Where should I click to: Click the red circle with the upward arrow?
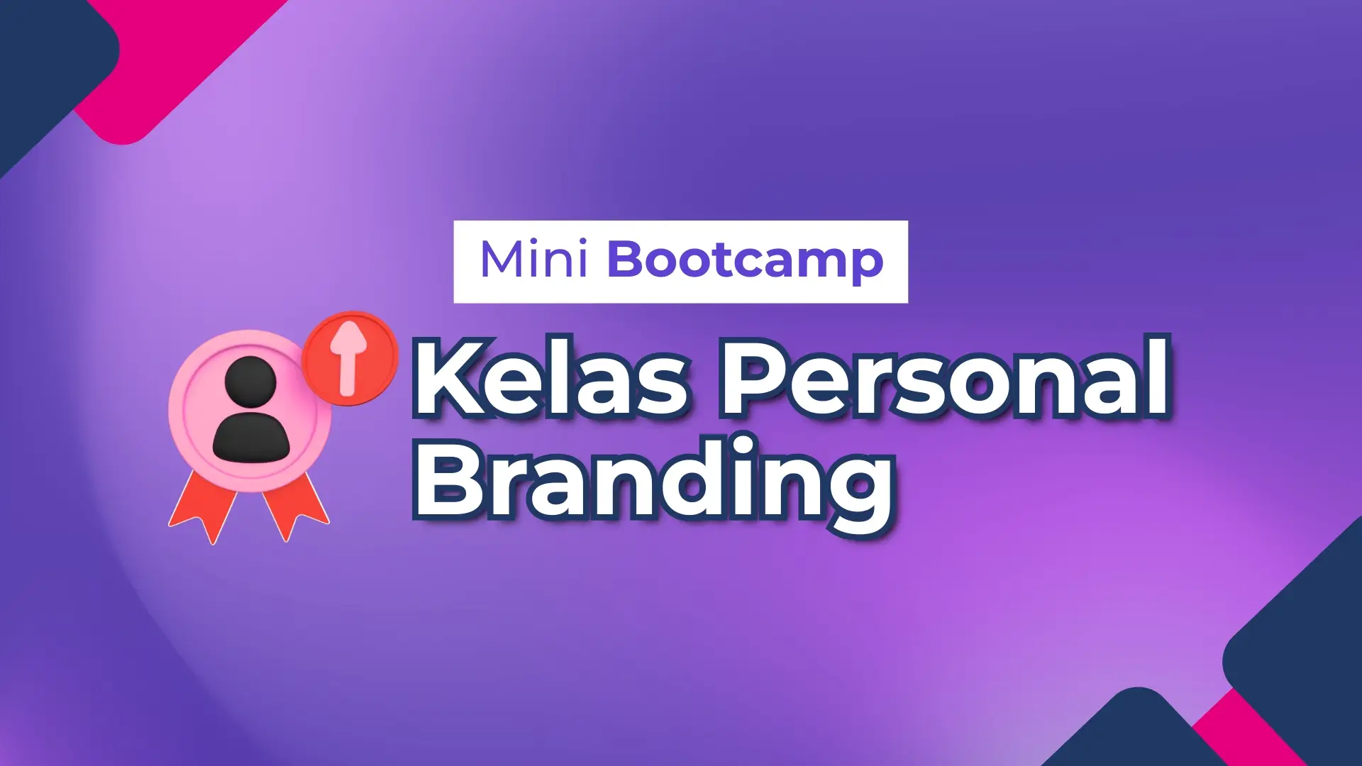pos(350,358)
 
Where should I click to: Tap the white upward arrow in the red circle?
pos(350,357)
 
